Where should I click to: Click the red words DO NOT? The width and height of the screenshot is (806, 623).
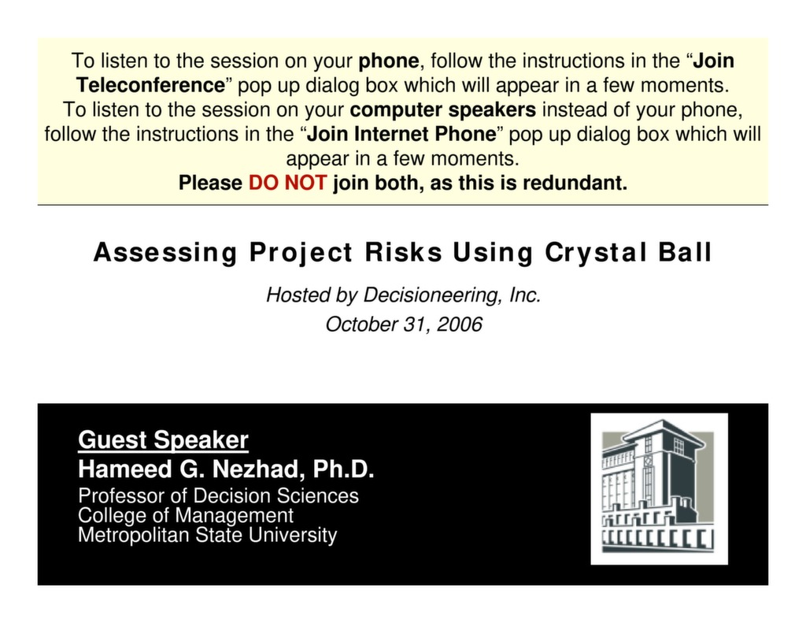(287, 184)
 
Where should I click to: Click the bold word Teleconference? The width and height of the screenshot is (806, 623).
(150, 85)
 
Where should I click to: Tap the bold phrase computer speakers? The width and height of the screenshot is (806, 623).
(443, 109)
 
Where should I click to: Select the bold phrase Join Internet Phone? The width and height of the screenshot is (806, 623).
(400, 134)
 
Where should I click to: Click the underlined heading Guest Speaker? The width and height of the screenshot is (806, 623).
(163, 440)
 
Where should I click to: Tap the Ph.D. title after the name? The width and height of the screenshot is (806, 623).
(343, 470)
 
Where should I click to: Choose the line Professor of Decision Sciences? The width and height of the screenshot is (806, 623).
(218, 496)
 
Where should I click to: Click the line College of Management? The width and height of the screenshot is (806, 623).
(186, 516)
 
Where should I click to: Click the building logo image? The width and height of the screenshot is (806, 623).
(659, 488)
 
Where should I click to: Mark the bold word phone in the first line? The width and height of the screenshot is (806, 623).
(389, 61)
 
